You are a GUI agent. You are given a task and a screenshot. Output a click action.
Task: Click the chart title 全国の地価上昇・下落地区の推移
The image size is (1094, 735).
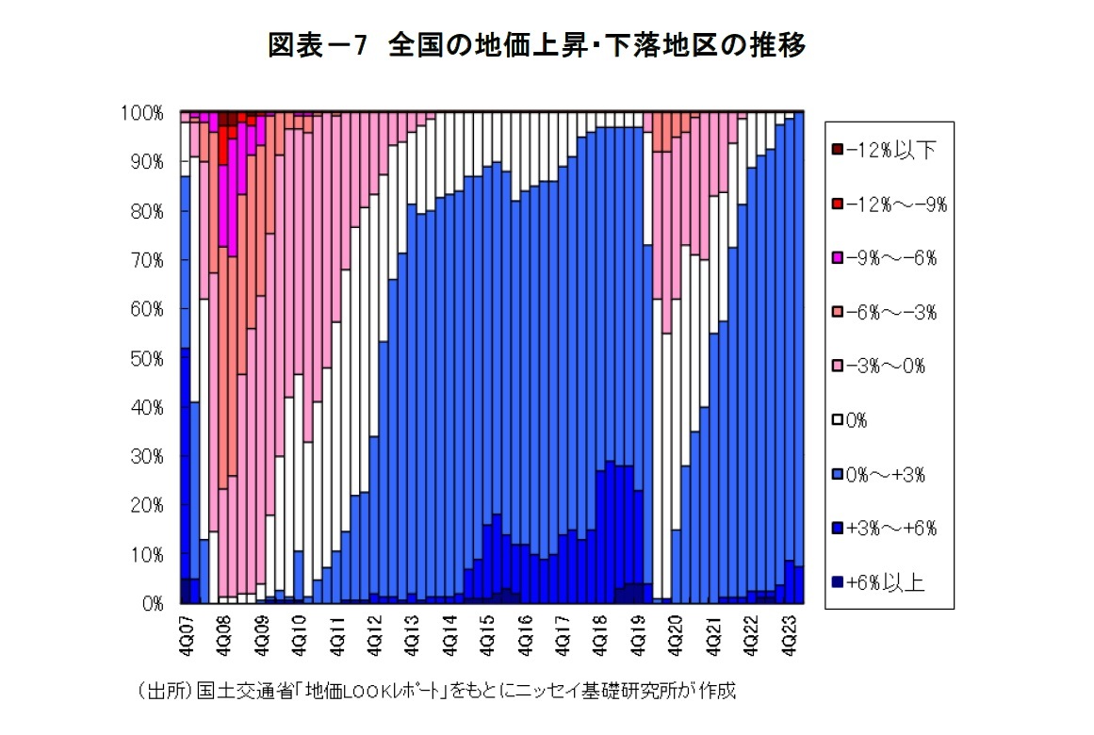tap(536, 46)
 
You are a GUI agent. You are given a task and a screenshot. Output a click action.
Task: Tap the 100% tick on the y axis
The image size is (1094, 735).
tap(142, 113)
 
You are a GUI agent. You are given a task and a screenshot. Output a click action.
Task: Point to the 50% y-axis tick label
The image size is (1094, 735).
tap(146, 358)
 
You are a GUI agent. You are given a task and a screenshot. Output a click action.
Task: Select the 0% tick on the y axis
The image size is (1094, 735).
tap(150, 604)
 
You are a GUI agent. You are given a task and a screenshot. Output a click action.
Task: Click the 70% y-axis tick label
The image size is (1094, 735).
tap(146, 260)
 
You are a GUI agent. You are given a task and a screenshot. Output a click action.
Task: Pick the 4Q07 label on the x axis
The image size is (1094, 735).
tap(186, 633)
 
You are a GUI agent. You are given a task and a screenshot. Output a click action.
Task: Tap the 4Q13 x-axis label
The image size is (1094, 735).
tap(412, 633)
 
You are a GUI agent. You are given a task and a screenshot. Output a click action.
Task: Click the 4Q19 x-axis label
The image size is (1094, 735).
tap(638, 633)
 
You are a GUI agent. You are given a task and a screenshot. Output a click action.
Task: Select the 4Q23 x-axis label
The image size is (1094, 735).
tap(789, 633)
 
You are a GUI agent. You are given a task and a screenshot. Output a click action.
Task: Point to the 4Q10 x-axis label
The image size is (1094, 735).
tap(299, 633)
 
